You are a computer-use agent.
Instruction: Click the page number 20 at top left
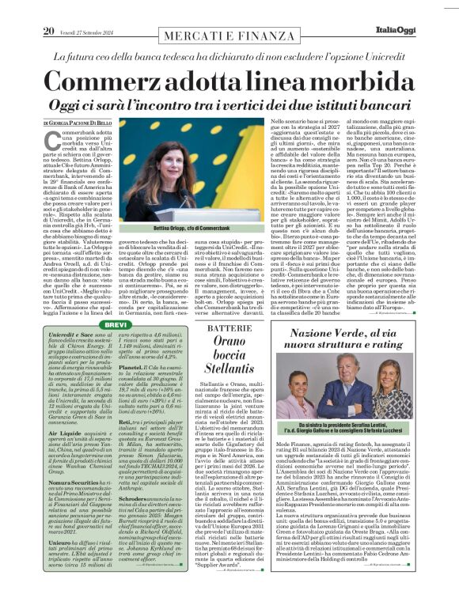pyautogui.click(x=48, y=9)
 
